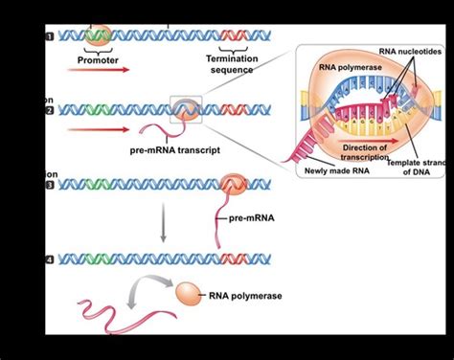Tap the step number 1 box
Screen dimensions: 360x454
[x=49, y=36]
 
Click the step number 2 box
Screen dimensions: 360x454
[x=49, y=111]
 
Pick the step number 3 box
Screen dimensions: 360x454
[x=49, y=185]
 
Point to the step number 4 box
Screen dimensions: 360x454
[x=49, y=259]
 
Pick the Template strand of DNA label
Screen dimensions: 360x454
[x=416, y=169]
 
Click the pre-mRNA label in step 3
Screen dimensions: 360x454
[x=251, y=218]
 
